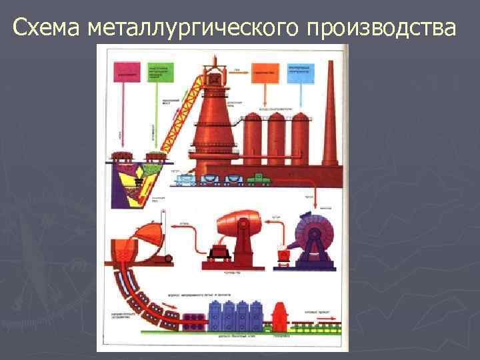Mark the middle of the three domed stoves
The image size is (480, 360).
tap(277, 138)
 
